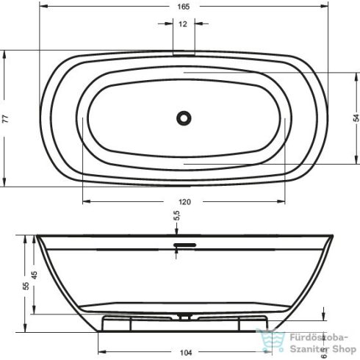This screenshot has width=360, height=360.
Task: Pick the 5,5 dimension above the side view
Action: [176, 216]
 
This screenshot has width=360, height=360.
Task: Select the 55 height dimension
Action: [25, 284]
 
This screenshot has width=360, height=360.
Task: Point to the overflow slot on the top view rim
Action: [184, 53]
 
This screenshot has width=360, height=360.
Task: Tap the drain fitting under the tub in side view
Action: [184, 317]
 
